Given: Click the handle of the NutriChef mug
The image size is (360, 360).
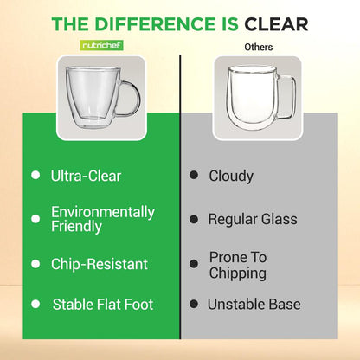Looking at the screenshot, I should pyautogui.click(x=128, y=98).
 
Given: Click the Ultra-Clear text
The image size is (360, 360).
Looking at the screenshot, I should pyautogui.click(x=87, y=176).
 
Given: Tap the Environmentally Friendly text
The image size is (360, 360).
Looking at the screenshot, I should pyautogui.click(x=103, y=219).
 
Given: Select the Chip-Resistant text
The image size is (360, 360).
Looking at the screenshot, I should pyautogui.click(x=100, y=264).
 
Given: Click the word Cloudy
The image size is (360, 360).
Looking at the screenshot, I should pyautogui.click(x=231, y=176).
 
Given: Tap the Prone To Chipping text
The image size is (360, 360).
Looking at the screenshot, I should pyautogui.click(x=238, y=264).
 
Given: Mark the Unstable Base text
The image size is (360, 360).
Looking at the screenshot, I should pyautogui.click(x=254, y=305).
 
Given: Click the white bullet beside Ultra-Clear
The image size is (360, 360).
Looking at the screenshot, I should pyautogui.click(x=35, y=176).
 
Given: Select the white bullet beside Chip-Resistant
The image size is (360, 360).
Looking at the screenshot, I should pyautogui.click(x=35, y=264).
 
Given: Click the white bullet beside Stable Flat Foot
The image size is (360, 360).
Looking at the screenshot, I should pyautogui.click(x=35, y=305).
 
